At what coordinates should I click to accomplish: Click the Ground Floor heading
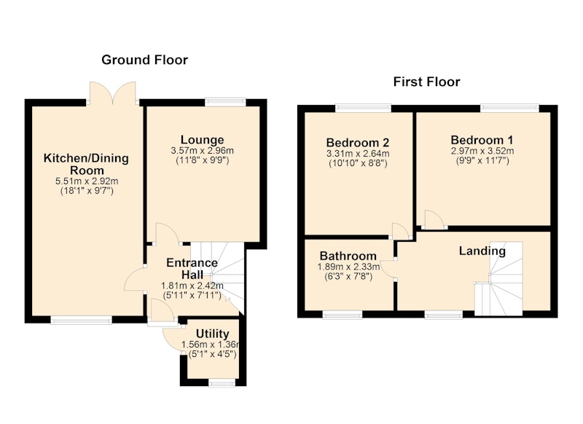click(144, 60)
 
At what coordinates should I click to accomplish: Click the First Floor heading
click(426, 82)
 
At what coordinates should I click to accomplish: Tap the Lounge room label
click(203, 140)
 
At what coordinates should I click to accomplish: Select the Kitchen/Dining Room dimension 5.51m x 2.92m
click(87, 181)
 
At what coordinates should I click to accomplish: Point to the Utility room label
click(212, 334)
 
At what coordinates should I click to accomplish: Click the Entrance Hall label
click(192, 268)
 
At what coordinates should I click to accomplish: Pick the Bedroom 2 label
click(358, 142)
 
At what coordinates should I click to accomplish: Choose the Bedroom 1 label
click(482, 140)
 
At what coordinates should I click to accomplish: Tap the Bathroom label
click(348, 256)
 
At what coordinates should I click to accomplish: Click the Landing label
click(482, 251)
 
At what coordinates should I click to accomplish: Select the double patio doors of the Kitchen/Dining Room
click(113, 93)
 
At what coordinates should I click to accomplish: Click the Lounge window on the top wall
click(225, 102)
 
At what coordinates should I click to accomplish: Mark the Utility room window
click(222, 382)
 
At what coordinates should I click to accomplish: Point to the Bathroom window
click(342, 315)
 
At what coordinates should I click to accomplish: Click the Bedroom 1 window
click(509, 108)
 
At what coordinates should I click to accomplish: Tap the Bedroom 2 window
click(363, 108)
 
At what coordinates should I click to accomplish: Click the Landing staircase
click(499, 279)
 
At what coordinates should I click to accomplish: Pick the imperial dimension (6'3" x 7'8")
click(348, 276)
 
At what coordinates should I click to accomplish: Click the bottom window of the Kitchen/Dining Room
click(82, 320)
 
